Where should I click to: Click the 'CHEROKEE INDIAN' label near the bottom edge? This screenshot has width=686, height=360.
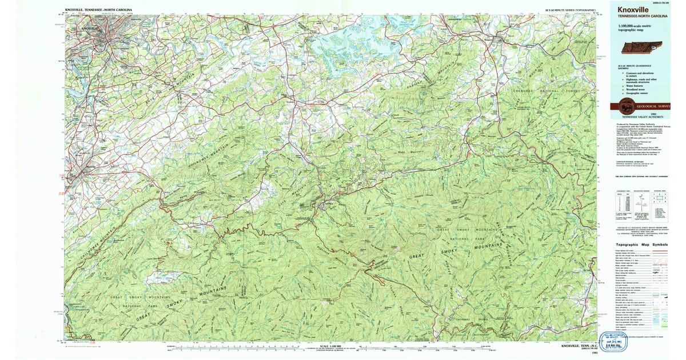point(461,318)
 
